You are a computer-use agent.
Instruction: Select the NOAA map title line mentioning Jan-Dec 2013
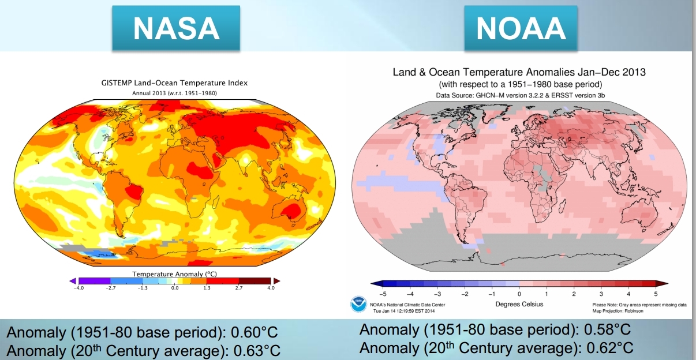519,73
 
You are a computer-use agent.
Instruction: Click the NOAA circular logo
358,304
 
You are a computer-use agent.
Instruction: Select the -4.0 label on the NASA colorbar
78,287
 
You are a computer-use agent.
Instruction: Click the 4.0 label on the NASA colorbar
271,287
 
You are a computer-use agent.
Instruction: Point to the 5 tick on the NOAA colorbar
656,294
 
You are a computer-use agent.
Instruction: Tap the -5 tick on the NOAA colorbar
382,294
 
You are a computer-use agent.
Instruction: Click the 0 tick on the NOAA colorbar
519,294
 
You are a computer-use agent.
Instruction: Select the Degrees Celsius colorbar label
519,304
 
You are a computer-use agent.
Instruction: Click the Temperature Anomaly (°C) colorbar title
175,273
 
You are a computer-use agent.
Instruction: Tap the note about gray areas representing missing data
639,304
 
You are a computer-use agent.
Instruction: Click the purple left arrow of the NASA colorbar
73,280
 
